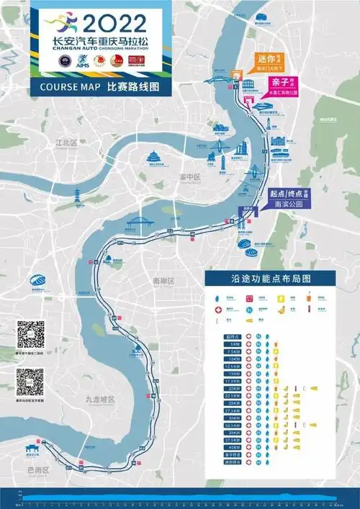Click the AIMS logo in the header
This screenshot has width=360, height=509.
tap(80, 63)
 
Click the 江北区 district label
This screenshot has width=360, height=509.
tap(66, 143)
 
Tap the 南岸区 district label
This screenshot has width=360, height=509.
tap(163, 280)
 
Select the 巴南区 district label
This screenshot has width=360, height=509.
tap(36, 469)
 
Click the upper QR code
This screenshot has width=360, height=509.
tap(30, 335)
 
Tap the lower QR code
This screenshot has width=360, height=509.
tap(30, 382)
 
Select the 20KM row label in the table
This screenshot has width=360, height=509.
tap(232, 387)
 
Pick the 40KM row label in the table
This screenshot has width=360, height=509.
tap(232, 448)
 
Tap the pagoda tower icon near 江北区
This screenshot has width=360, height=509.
tap(76, 194)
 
